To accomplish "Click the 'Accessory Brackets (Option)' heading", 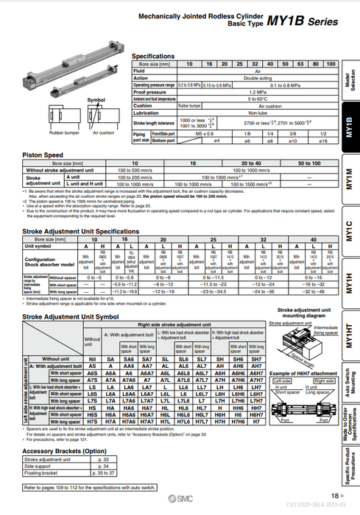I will click(65, 450).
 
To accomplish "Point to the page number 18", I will click(334, 497).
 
